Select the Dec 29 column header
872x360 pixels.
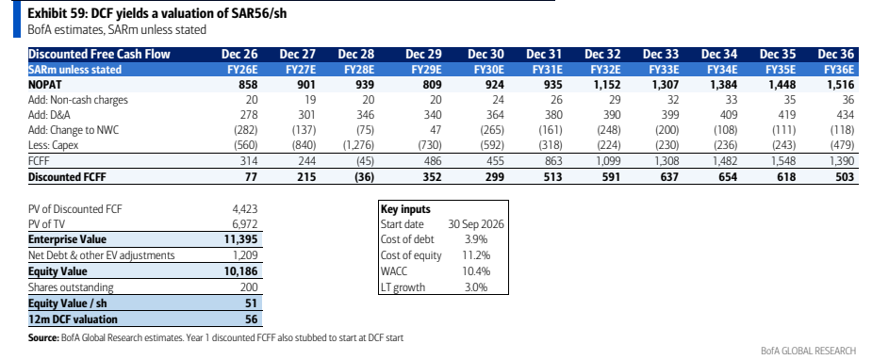(x=424, y=55)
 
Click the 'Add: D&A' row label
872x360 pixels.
(x=49, y=116)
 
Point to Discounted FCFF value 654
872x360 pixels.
(x=727, y=177)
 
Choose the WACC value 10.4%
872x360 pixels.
(x=475, y=271)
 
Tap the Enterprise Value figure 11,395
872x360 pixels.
(x=239, y=239)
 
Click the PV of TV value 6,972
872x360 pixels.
(x=245, y=224)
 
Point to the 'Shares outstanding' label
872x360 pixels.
(x=72, y=287)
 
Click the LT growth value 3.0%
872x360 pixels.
(x=476, y=287)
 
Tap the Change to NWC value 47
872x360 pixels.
(x=435, y=131)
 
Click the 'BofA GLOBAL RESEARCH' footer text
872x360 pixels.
(x=809, y=351)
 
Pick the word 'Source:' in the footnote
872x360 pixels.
(x=42, y=337)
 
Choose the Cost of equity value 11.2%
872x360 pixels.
(x=476, y=255)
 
